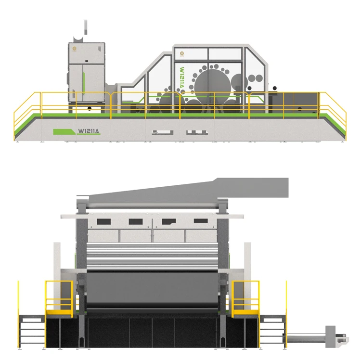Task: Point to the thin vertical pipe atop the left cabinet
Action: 86,27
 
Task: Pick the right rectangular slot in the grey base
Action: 194,131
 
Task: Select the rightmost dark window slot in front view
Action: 200,221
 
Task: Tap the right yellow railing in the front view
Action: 245,298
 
